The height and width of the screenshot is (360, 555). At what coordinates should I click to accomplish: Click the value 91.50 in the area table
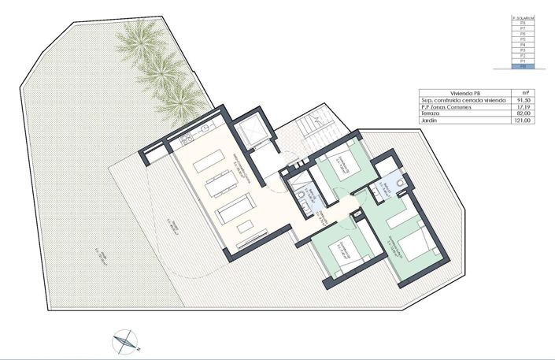click(x=523, y=100)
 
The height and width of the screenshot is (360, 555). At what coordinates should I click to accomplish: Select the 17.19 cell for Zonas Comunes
click(x=523, y=107)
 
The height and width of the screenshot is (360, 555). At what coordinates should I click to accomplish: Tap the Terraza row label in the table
click(x=433, y=114)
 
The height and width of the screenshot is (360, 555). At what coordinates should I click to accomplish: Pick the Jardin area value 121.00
click(x=523, y=121)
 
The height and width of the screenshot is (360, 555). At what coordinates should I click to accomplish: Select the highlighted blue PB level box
click(x=523, y=69)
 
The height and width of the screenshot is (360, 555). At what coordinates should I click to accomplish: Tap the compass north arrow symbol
click(x=125, y=340)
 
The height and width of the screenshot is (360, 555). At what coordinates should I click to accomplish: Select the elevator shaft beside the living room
click(x=256, y=133)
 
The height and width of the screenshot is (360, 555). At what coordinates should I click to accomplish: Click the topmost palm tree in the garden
click(x=142, y=35)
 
